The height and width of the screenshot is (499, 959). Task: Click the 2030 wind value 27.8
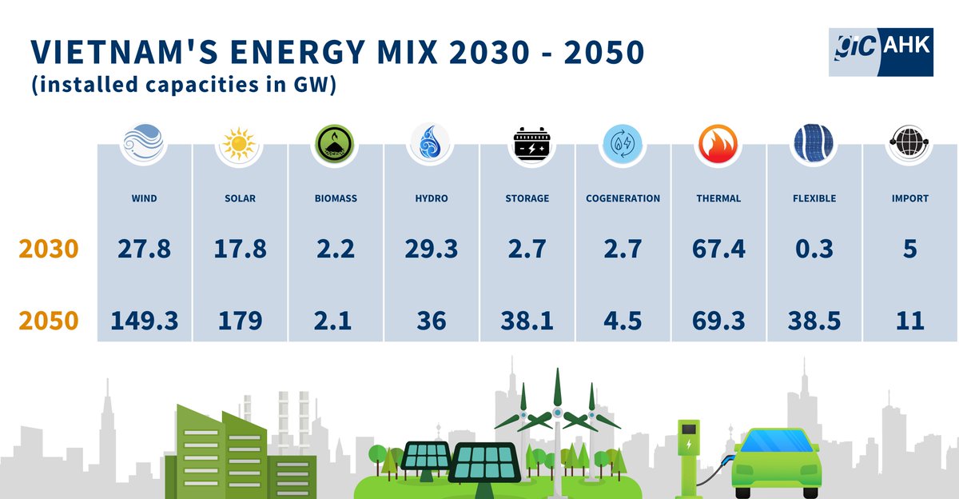(144, 249)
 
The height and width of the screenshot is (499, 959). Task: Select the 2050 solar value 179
(240, 321)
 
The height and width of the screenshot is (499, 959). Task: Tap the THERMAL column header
(718, 198)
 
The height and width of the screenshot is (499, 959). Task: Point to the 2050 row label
(48, 321)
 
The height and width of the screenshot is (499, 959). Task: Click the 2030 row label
(48, 249)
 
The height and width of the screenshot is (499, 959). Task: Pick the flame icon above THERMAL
(718, 145)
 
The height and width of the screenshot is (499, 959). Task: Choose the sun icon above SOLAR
(240, 145)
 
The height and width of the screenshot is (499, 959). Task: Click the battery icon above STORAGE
(527, 145)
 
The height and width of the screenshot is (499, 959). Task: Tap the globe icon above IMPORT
(909, 145)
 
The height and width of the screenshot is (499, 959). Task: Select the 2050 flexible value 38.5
(814, 321)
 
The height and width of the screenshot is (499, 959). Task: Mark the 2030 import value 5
(910, 249)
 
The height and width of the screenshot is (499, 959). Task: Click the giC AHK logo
(880, 50)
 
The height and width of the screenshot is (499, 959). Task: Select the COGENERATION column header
(623, 198)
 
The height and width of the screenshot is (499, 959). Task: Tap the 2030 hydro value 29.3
(432, 249)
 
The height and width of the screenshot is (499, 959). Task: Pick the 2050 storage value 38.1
(527, 321)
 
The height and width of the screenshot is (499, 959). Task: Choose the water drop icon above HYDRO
(432, 145)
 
